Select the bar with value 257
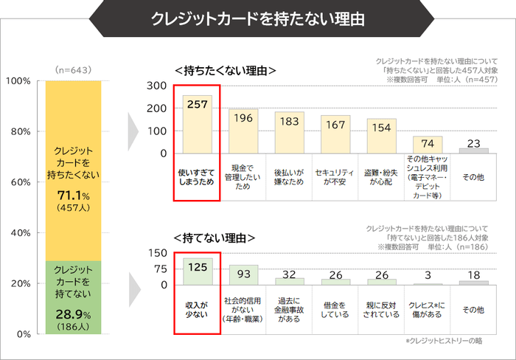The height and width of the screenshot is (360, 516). (x=197, y=124)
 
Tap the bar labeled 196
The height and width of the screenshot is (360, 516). (x=243, y=131)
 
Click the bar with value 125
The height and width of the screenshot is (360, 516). (x=197, y=271)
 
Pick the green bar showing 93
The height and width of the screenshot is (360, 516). (x=243, y=275)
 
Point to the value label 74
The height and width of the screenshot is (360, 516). (x=428, y=142)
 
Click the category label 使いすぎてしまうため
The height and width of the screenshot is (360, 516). (x=197, y=176)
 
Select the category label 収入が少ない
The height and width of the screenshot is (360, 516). (x=197, y=308)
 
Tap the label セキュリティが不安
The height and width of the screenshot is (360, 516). (x=335, y=176)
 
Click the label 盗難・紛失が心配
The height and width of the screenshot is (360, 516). (x=381, y=176)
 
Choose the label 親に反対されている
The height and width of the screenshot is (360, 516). (x=381, y=308)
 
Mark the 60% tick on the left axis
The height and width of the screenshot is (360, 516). (x=19, y=181)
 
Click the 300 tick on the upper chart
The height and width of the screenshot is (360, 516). (x=156, y=86)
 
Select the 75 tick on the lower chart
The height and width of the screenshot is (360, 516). (x=159, y=269)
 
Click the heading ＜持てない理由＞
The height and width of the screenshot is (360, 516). (x=215, y=238)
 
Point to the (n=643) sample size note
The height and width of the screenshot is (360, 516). (x=72, y=69)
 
